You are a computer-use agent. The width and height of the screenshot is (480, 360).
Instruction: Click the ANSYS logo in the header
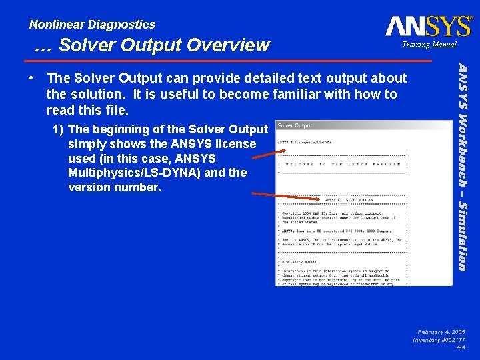[428, 26]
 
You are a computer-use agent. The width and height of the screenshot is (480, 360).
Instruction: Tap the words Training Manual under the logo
[429, 45]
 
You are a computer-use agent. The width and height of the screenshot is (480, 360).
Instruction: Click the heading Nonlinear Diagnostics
[92, 25]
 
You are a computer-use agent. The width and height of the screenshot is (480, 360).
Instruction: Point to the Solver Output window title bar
[363, 125]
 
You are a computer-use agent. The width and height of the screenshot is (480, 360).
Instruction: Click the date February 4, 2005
[441, 331]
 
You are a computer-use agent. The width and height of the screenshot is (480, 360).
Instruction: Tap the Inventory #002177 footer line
[439, 339]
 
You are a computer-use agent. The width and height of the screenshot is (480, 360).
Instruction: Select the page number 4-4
[461, 347]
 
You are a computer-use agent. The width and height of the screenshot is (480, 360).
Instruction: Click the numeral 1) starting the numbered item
[59, 129]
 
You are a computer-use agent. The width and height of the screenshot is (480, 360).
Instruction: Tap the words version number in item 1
[114, 187]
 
